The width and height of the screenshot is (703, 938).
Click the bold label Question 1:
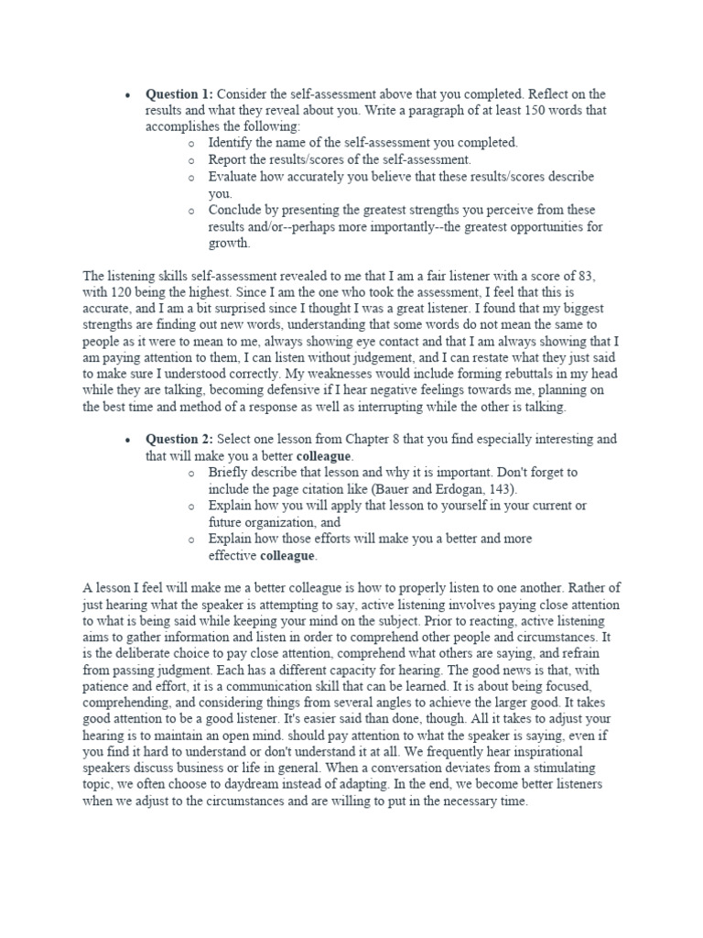click(179, 94)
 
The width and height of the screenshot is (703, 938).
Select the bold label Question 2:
click(179, 440)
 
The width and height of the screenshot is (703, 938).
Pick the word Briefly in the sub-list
click(230, 473)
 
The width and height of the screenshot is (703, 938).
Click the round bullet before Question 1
click(129, 95)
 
